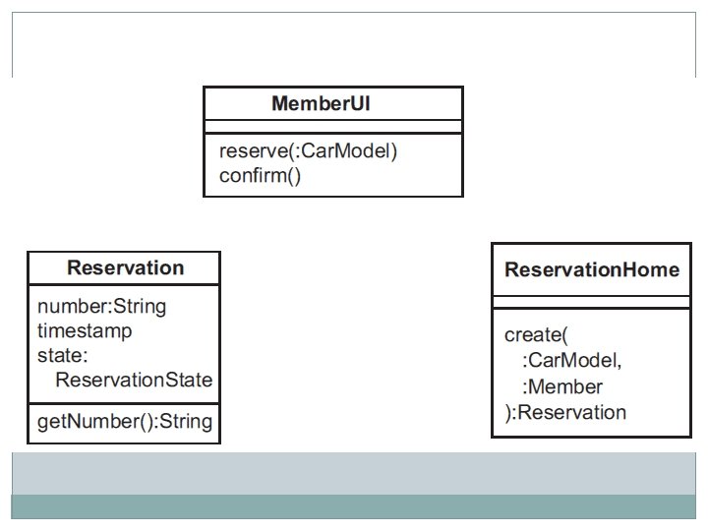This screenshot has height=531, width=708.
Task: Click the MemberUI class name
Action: [321, 103]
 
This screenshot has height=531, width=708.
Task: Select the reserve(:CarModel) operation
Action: [308, 150]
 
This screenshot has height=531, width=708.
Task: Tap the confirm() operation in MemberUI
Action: [260, 175]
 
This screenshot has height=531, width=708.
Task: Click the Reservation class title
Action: [126, 267]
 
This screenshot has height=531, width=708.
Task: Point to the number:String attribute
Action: [101, 306]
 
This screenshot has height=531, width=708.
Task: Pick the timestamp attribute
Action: [85, 331]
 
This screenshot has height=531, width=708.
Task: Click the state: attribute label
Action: [62, 355]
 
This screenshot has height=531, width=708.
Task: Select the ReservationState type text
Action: [134, 380]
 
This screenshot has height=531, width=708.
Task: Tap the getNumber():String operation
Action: [125, 421]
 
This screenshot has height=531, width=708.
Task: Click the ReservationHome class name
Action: [592, 269]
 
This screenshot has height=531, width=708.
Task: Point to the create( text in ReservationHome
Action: [536, 335]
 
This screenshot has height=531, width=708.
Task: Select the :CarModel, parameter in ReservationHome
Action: [571, 360]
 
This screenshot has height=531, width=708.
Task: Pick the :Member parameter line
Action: [562, 386]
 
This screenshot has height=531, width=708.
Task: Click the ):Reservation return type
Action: [565, 412]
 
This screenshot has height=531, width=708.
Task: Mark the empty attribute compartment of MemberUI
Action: [333, 127]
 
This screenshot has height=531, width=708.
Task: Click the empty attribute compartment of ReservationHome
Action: [592, 302]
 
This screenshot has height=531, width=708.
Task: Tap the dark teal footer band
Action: [354, 506]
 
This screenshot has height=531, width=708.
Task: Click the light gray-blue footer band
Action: [354, 474]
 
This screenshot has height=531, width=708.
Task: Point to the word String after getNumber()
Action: [186, 421]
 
